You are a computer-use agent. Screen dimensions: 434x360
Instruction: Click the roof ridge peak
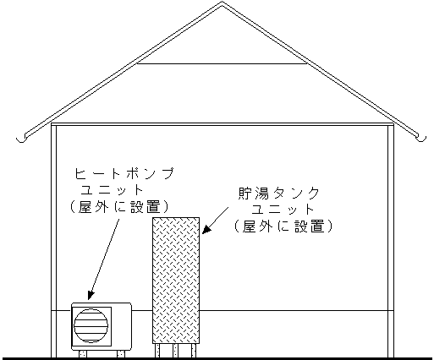click(222, 3)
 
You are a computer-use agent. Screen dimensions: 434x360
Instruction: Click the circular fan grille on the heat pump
click(91, 325)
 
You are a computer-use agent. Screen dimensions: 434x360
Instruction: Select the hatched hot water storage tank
click(176, 281)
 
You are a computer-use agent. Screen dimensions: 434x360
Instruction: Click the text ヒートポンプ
click(124, 173)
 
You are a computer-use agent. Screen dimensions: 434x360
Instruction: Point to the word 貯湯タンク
click(278, 194)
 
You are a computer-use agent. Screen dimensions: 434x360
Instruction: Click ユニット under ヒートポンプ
click(112, 190)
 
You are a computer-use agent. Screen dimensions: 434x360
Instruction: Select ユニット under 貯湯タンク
click(283, 210)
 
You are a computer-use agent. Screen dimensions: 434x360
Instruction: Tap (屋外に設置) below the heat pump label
click(119, 207)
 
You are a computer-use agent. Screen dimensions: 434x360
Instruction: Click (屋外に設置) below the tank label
click(283, 226)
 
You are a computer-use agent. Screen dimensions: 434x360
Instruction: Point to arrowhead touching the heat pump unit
click(91, 295)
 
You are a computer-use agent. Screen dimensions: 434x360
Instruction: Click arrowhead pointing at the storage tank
click(206, 230)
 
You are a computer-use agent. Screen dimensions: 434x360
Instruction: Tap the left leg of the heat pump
click(83, 354)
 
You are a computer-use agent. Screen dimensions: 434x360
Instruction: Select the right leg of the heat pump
click(121, 354)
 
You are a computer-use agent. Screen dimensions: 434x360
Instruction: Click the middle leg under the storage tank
click(175, 351)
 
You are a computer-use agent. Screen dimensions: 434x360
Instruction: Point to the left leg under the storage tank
click(157, 351)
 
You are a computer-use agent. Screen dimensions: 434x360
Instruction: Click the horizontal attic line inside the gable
click(222, 63)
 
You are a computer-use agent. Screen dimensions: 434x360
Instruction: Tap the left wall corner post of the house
click(53, 241)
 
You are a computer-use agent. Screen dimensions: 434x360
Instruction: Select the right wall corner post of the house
click(391, 241)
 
